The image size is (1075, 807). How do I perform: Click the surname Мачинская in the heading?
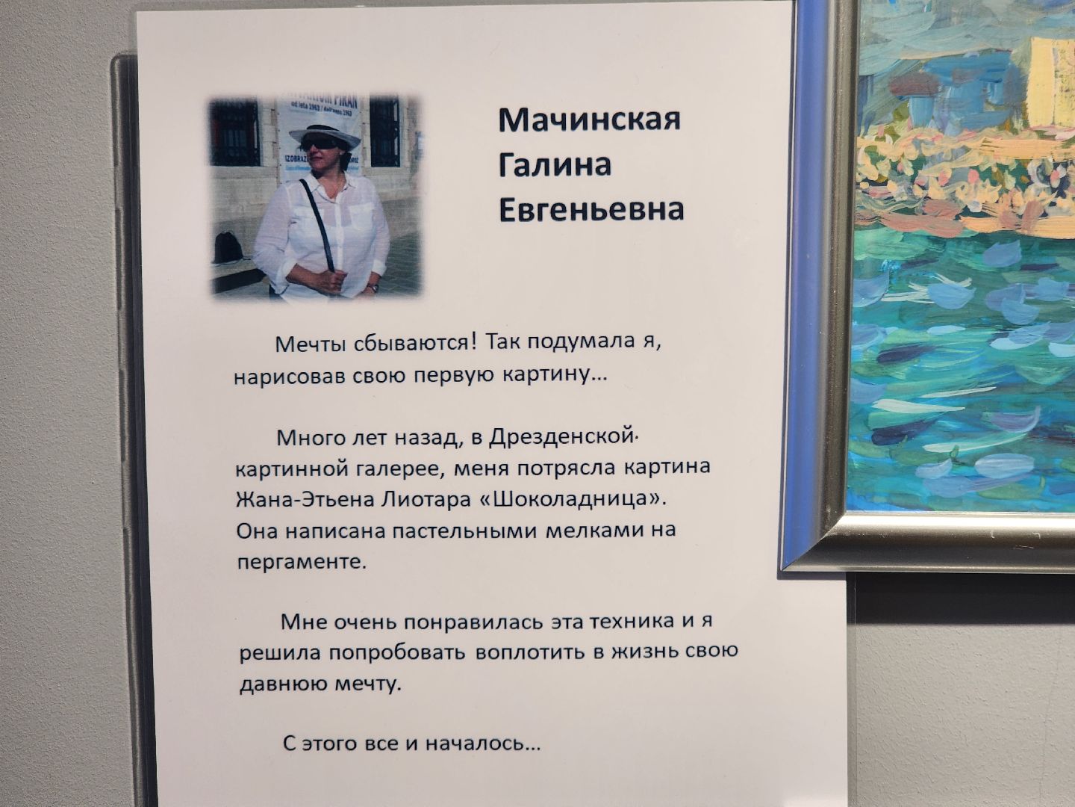(589, 120)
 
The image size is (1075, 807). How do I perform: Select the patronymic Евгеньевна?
(591, 210)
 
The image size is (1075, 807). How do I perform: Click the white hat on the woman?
(324, 135)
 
